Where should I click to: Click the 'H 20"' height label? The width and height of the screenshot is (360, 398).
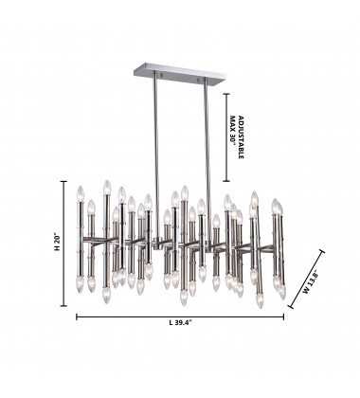point(57,244)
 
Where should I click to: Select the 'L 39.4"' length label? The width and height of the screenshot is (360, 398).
point(180,322)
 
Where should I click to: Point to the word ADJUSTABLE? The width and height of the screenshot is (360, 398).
point(241,136)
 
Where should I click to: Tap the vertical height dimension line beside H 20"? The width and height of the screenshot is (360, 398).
point(64,244)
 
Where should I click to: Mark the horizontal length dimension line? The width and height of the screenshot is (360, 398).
point(180,317)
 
